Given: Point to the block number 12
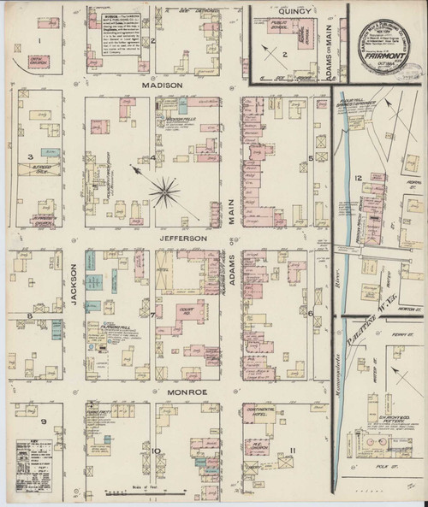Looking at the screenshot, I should [360, 177].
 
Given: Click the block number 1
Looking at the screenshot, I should [39, 39].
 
